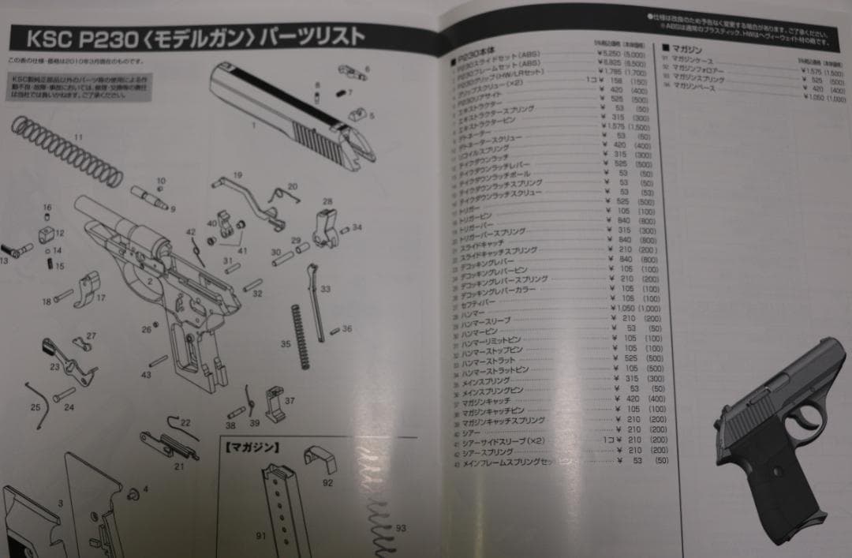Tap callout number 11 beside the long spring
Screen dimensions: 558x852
tap(77, 137)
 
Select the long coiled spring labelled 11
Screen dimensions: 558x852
tap(68, 150)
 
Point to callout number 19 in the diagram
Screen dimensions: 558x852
tap(237, 174)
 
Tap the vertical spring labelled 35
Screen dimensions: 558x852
tap(299, 335)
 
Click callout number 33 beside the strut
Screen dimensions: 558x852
tap(325, 290)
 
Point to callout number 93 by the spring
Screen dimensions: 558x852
tap(401, 527)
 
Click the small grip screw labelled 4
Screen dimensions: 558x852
tap(133, 493)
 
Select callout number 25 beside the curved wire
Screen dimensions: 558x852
tap(35, 407)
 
